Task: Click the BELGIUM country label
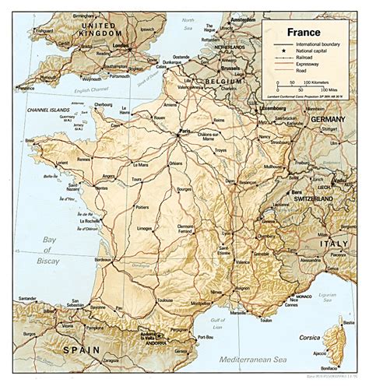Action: pyautogui.click(x=220, y=81)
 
